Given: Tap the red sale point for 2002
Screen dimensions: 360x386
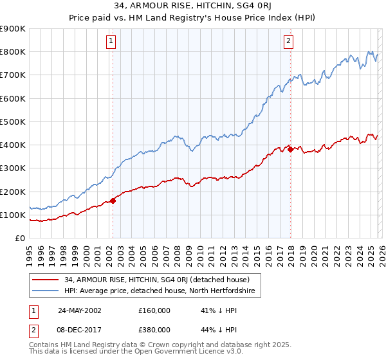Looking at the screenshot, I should tap(113, 201).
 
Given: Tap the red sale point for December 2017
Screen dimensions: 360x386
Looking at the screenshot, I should tap(291, 150).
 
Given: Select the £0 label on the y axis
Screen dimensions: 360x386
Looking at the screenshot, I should tap(19, 238).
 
